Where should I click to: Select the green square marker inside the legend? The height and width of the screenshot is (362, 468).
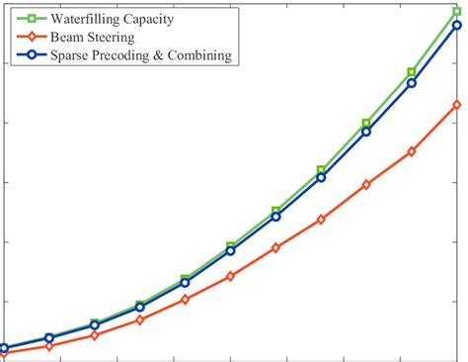click(x=33, y=18)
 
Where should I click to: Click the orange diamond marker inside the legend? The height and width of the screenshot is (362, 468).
click(x=33, y=37)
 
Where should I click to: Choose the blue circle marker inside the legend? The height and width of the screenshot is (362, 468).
click(x=33, y=55)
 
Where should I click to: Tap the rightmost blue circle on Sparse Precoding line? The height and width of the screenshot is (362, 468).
click(x=457, y=26)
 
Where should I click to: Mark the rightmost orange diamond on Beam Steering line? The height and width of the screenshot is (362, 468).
click(x=457, y=104)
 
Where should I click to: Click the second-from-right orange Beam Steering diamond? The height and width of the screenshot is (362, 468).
click(x=412, y=151)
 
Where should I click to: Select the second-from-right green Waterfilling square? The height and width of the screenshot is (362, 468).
click(x=412, y=72)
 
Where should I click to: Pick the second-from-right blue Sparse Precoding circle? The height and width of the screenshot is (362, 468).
click(x=412, y=83)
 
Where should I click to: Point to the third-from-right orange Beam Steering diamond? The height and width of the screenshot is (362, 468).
click(x=366, y=185)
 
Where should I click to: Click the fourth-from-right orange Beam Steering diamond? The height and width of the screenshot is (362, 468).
click(x=321, y=220)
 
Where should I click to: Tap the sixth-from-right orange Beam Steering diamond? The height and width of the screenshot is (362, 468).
click(x=230, y=276)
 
